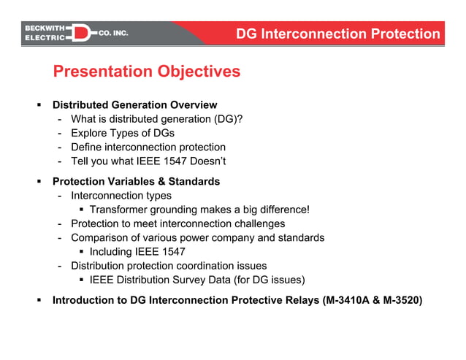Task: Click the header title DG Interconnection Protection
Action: (338, 34)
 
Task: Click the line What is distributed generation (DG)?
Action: (156, 119)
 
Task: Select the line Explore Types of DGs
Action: (122, 133)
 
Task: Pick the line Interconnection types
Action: (121, 196)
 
